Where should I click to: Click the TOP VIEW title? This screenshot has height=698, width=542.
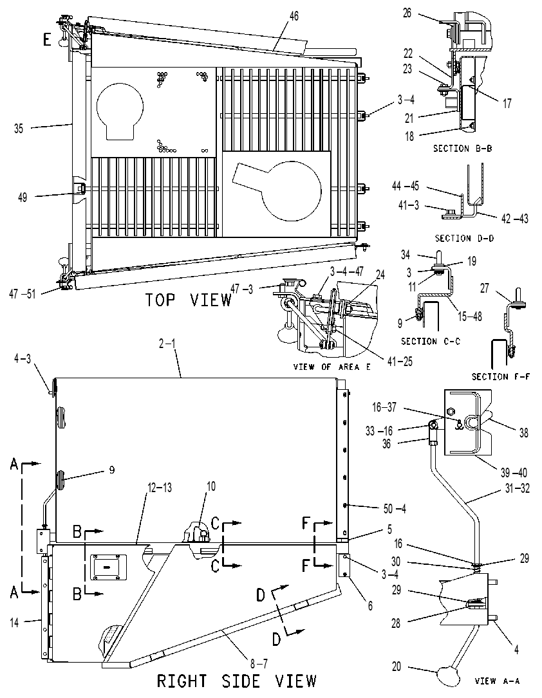click(x=189, y=300)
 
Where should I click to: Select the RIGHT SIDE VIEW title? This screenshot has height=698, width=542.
click(x=236, y=681)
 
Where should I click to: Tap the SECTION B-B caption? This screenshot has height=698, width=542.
click(x=462, y=149)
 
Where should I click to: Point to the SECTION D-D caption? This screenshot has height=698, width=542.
click(x=464, y=238)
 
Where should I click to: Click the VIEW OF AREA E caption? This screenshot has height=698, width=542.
click(x=332, y=367)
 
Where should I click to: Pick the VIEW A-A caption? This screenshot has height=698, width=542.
click(x=497, y=681)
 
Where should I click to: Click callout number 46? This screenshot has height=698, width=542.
click(x=294, y=16)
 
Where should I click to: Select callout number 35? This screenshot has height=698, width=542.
click(x=19, y=129)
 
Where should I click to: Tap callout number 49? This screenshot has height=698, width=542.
click(x=23, y=197)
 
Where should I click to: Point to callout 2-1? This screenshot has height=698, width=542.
click(x=167, y=344)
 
